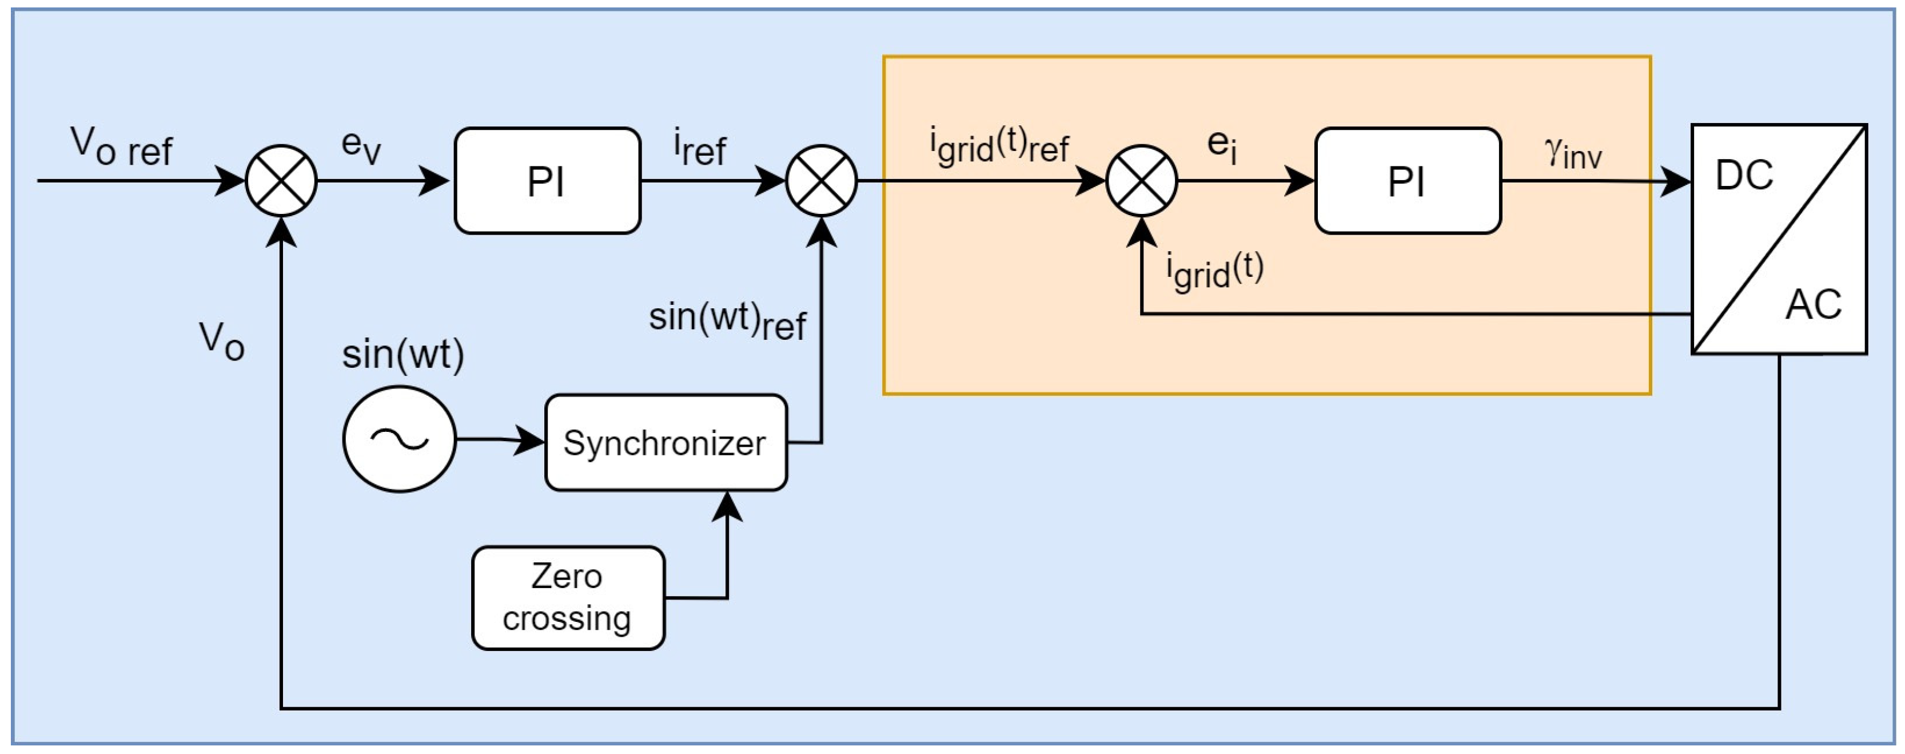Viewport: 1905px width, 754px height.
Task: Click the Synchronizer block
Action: [x=665, y=442]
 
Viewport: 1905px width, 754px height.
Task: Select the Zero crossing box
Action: [x=568, y=598]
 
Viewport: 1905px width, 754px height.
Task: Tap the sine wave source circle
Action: [x=399, y=439]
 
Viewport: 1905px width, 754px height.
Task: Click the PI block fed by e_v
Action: [x=547, y=181]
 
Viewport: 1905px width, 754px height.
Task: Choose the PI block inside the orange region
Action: [x=1407, y=181]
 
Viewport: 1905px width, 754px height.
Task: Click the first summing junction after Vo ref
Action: [x=281, y=181]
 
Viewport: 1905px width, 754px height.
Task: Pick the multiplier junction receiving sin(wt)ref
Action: [x=821, y=181]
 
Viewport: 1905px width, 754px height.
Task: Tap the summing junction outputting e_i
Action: [x=1141, y=181]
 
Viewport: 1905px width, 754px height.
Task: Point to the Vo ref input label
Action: [x=121, y=146]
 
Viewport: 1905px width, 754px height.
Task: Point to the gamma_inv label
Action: [x=1573, y=153]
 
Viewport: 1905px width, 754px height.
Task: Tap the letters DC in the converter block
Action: [x=1744, y=176]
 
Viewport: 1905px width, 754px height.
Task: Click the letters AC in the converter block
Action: [x=1812, y=304]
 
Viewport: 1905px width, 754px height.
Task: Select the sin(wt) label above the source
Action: [x=403, y=355]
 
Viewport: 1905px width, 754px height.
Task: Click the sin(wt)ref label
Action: [x=727, y=320]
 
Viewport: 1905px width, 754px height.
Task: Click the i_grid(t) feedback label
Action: [x=1214, y=270]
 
